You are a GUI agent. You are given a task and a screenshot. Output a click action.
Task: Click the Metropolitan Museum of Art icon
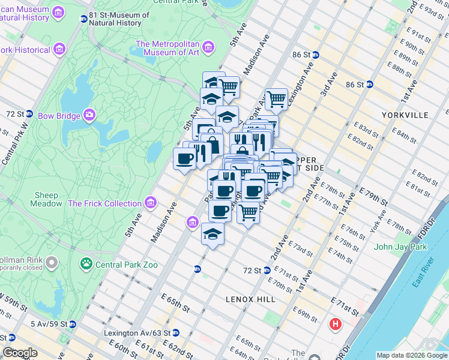208,47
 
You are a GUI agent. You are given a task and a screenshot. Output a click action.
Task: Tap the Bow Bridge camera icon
89,114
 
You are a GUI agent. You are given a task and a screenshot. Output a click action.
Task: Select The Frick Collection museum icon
151,202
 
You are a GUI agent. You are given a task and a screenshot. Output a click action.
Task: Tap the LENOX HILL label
250,299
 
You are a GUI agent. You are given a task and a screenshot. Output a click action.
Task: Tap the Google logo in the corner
20,353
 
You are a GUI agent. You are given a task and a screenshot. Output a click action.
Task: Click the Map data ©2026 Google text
411,355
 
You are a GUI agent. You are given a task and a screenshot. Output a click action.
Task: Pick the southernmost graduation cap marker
212,233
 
